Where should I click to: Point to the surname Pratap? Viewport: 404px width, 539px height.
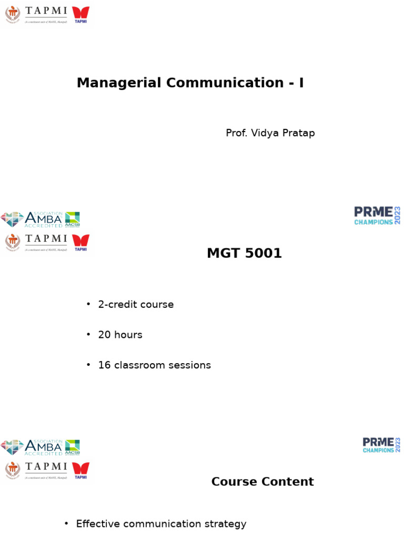tap(299, 133)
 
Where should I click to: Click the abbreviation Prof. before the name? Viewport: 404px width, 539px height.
tap(237, 133)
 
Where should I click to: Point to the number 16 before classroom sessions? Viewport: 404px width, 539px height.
tap(104, 365)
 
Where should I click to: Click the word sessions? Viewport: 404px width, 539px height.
tap(189, 365)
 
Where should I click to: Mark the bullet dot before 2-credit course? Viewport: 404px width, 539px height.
tap(88, 304)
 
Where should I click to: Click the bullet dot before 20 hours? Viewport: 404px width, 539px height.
tap(88, 335)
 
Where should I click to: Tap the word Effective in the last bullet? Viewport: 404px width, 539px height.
tap(98, 524)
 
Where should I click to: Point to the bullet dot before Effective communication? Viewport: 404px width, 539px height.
tap(66, 523)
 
